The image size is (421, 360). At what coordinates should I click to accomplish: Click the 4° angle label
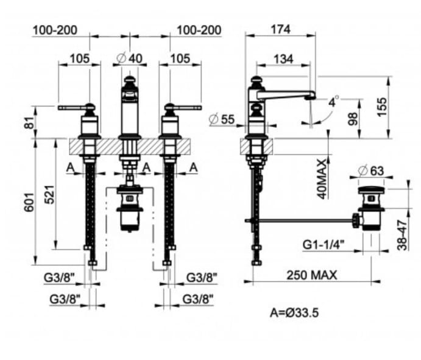tap(333, 102)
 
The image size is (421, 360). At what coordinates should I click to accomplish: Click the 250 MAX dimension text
tap(311, 275)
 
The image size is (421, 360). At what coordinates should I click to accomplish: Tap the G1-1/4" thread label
tap(323, 244)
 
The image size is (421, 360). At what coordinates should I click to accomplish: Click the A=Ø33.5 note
tap(294, 312)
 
